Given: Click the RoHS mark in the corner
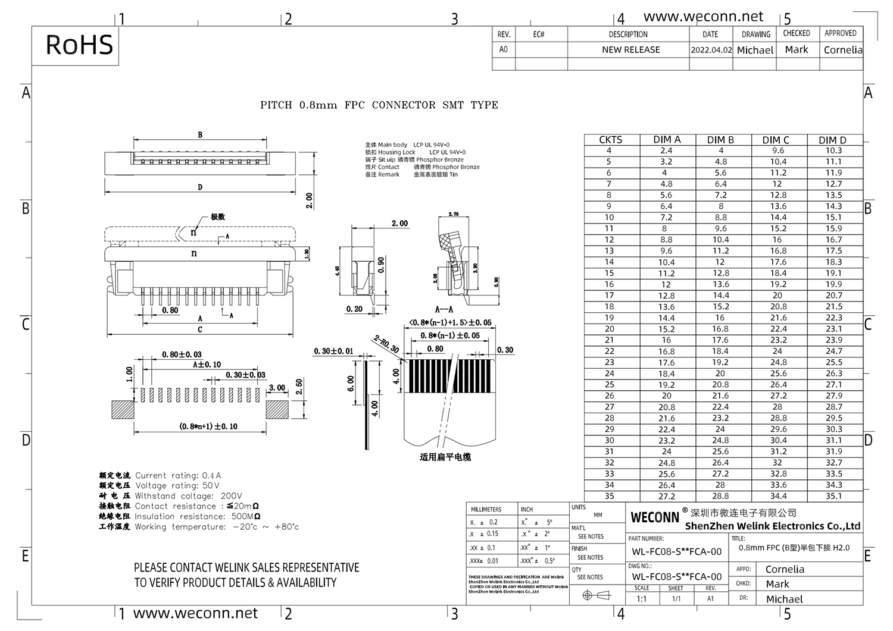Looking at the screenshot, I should pyautogui.click(x=79, y=45).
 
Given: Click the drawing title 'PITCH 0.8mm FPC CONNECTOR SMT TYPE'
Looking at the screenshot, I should pyautogui.click(x=379, y=105).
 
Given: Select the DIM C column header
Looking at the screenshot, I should pyautogui.click(x=776, y=140).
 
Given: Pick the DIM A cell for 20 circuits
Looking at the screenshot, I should pyautogui.click(x=666, y=329).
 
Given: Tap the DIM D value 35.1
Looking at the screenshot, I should pyautogui.click(x=833, y=496).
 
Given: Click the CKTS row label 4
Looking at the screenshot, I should pyautogui.click(x=608, y=150).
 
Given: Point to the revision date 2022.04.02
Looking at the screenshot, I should pyautogui.click(x=711, y=50).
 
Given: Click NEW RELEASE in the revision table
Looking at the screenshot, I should pyautogui.click(x=630, y=50).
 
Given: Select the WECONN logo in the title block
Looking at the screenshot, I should pyautogui.click(x=654, y=517).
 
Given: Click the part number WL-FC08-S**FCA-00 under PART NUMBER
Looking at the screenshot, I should pyautogui.click(x=676, y=552).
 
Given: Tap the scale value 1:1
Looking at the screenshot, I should pyautogui.click(x=641, y=599).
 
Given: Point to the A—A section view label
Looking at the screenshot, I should pyautogui.click(x=444, y=309).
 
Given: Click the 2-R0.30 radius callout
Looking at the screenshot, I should pyautogui.click(x=386, y=344).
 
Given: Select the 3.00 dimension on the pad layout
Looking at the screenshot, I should pyautogui.click(x=277, y=388).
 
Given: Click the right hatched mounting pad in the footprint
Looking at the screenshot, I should pyautogui.click(x=277, y=410).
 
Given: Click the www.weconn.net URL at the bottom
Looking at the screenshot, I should pyautogui.click(x=195, y=613).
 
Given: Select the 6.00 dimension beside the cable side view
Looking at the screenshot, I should pyautogui.click(x=351, y=384).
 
